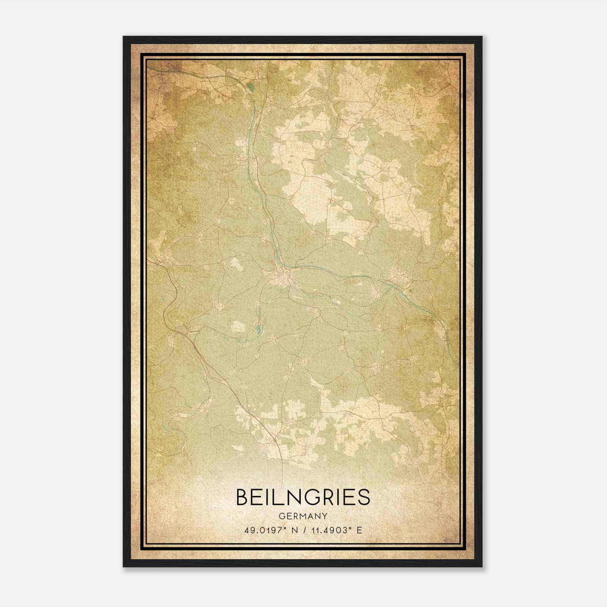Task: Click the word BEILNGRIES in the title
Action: tap(303, 497)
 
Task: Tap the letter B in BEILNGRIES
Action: tap(242, 497)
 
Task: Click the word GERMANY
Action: tap(303, 516)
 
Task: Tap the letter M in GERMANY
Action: tap(304, 516)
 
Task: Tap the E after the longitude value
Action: tap(359, 530)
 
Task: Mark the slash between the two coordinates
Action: tap(303, 530)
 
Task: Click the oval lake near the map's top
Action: tap(252, 90)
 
